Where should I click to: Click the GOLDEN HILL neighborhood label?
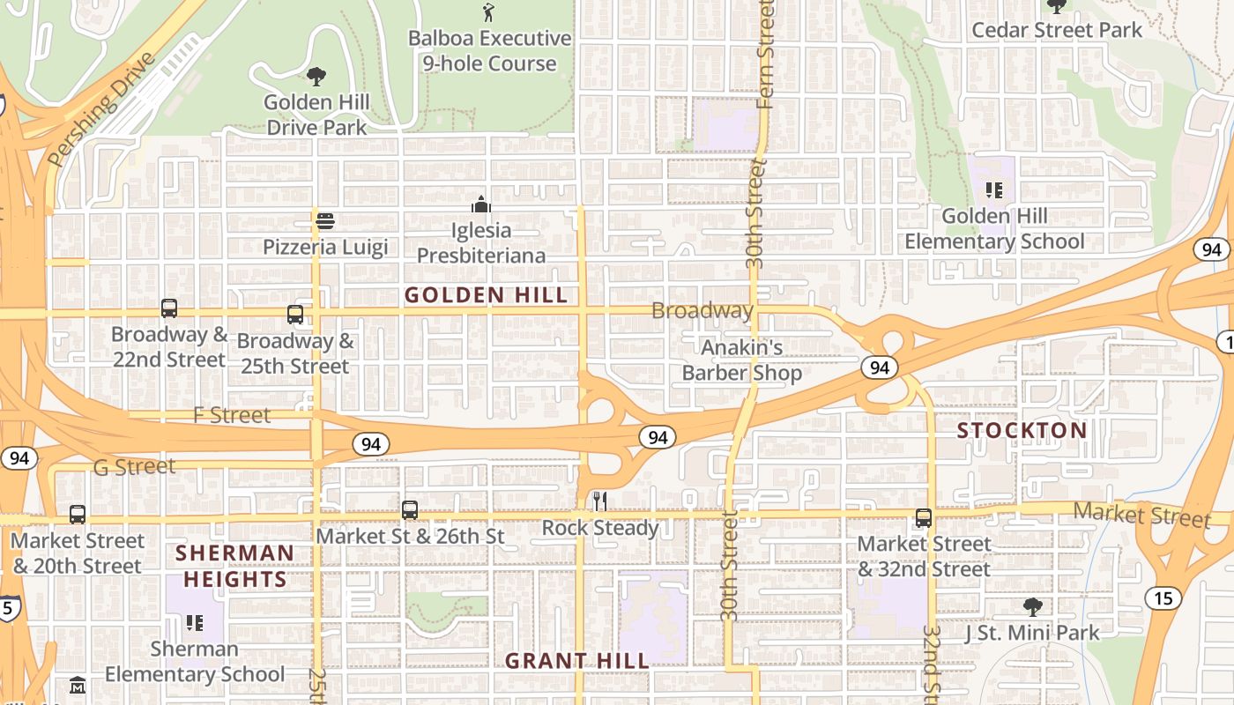[486, 295]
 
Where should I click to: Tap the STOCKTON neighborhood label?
[1022, 430]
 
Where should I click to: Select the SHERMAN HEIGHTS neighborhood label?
[234, 566]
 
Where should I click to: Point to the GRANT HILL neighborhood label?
[576, 660]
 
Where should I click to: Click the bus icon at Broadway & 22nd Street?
[169, 308]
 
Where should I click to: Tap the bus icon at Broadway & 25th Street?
[295, 315]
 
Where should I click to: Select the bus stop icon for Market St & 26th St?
[409, 509]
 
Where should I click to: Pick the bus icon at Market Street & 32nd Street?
[923, 518]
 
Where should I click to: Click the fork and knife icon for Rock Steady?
[599, 501]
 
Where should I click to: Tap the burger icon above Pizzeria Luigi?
[325, 220]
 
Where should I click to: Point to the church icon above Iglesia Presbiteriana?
[480, 204]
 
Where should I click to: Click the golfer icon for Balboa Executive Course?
[488, 12]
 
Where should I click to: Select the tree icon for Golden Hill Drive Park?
[316, 77]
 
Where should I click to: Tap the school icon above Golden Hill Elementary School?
[994, 189]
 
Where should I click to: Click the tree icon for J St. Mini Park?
[1032, 606]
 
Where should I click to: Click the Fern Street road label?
[764, 53]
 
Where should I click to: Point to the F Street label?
[232, 415]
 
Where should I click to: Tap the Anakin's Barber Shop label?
[741, 360]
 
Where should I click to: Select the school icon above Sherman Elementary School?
[195, 623]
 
